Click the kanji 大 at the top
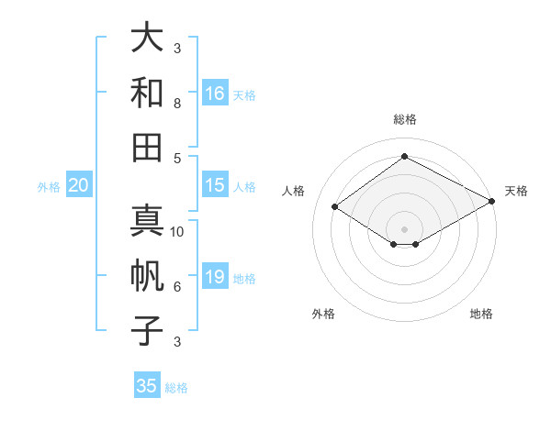tap(147, 38)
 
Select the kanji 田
tap(147, 146)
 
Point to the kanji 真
tap(147, 221)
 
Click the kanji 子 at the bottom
tap(147, 329)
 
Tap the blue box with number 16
tap(215, 94)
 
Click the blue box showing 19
tap(215, 277)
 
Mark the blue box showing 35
tap(147, 386)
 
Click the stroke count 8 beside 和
tap(177, 104)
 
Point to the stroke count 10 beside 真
tap(178, 232)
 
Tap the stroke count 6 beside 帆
tap(177, 286)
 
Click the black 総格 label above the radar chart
tap(404, 119)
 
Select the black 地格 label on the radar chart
tap(481, 314)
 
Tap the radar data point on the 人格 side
tap(335, 207)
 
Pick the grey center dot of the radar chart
tap(404, 227)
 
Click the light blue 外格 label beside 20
tap(49, 187)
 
